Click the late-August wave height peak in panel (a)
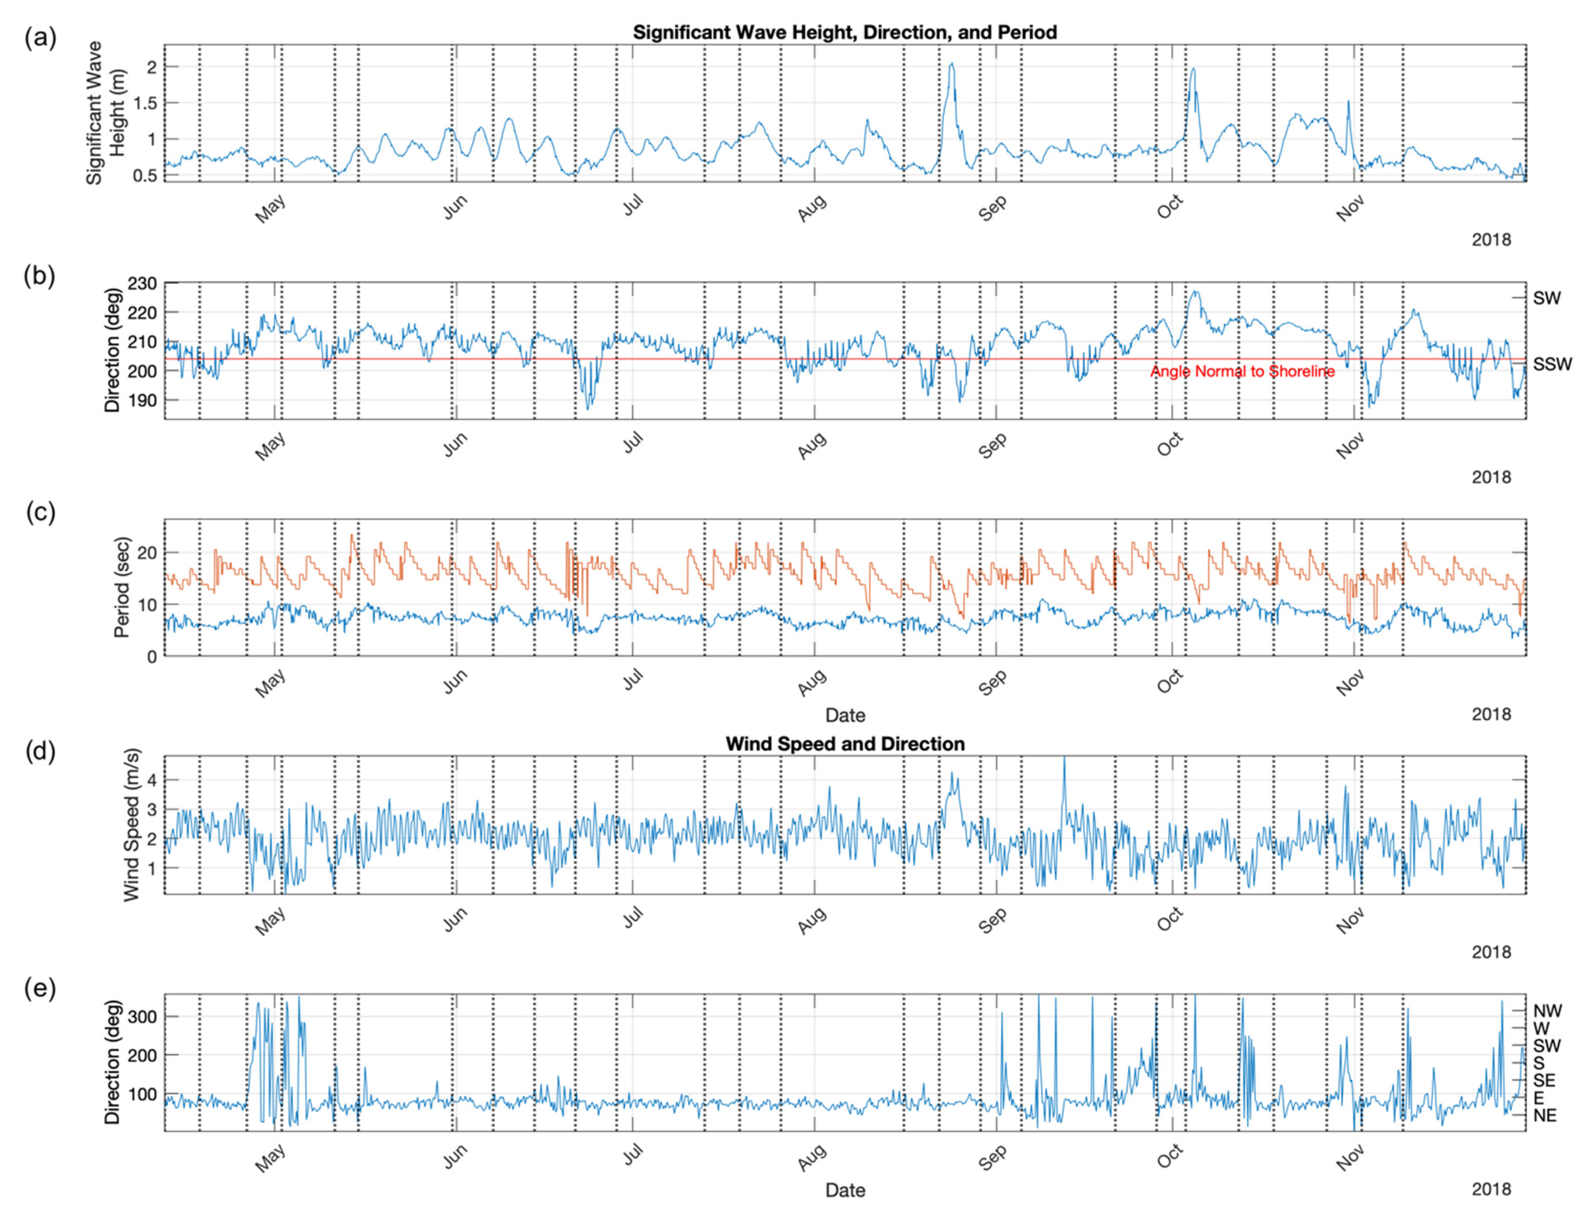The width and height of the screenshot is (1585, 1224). [951, 65]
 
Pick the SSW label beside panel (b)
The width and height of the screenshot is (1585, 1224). [1552, 364]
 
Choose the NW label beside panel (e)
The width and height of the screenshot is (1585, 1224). [1547, 1011]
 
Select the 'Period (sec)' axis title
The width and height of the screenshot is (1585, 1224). [122, 587]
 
